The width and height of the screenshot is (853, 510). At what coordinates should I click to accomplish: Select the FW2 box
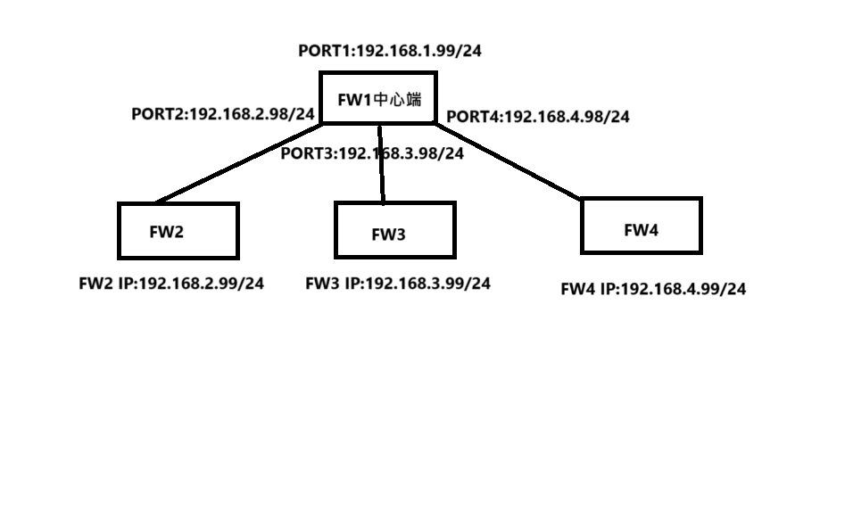(178, 231)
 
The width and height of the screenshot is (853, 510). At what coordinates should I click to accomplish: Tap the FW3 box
(394, 230)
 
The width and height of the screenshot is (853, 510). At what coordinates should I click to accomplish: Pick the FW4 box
(641, 226)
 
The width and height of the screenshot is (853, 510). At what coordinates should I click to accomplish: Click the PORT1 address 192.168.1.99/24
(418, 51)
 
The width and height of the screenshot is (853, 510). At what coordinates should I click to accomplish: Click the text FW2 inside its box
(167, 233)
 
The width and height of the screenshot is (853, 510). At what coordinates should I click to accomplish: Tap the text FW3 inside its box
(388, 235)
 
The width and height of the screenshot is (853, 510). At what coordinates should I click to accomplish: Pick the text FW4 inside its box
(641, 230)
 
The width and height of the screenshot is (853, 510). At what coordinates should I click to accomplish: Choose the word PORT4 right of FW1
(473, 117)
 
